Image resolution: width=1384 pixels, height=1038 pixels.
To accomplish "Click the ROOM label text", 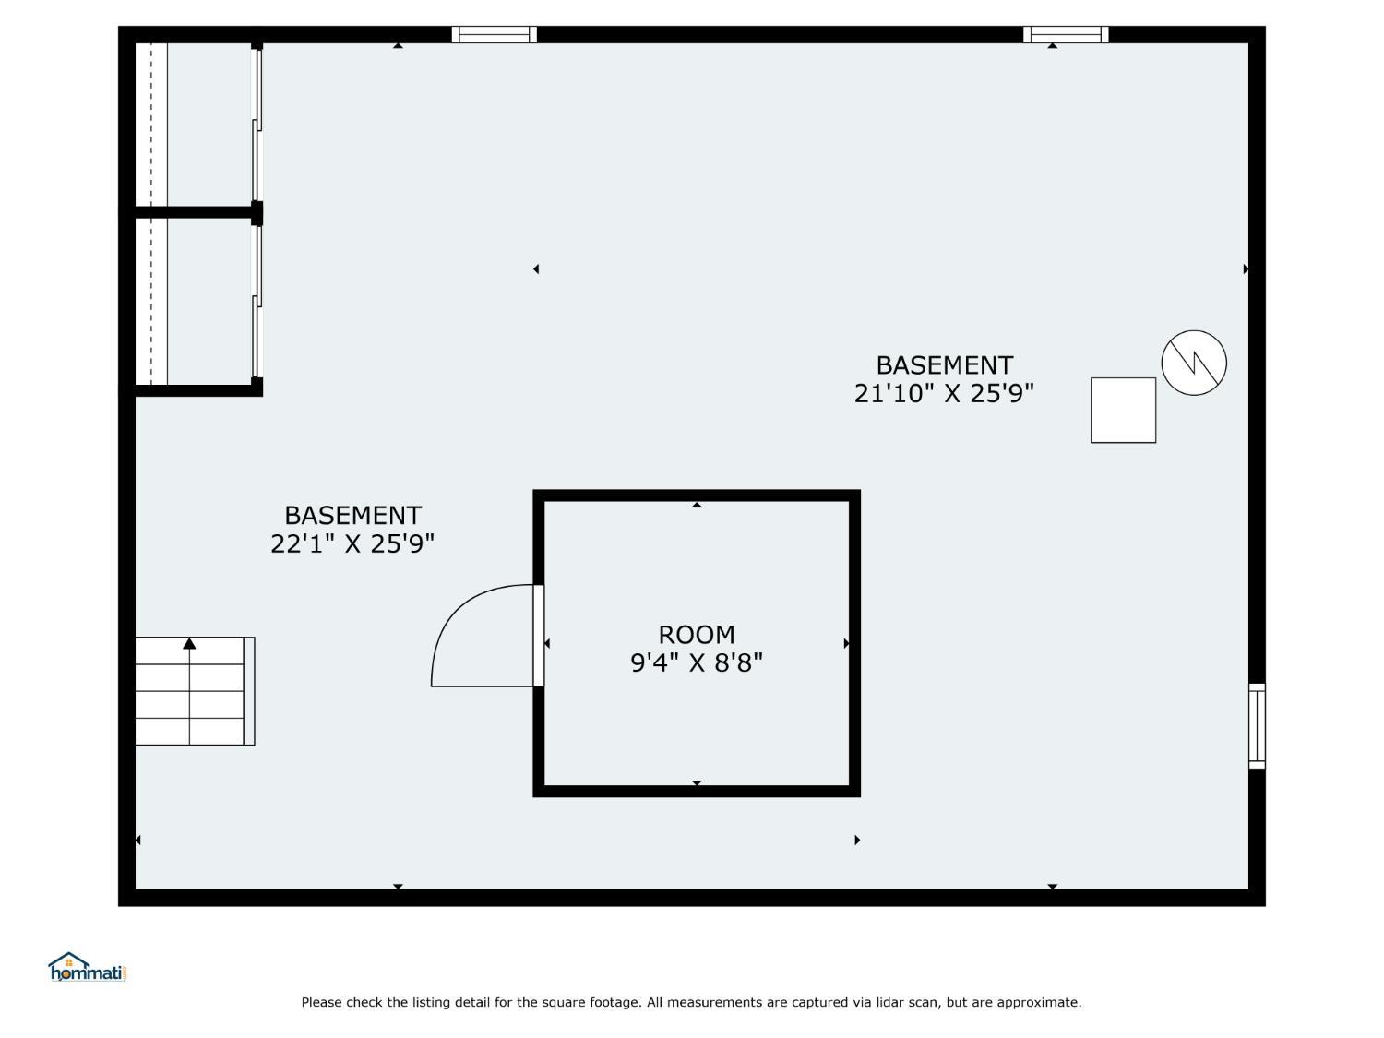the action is (696, 634).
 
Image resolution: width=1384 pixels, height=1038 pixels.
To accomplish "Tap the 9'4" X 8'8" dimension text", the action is (696, 662).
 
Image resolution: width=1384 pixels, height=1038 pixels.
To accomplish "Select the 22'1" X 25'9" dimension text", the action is (352, 543).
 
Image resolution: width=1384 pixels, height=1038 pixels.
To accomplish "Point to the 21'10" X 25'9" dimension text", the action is (944, 393).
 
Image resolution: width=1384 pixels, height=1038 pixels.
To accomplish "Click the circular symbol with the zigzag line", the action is (1194, 363).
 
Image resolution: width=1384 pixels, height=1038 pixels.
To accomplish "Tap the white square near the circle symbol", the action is (1123, 411).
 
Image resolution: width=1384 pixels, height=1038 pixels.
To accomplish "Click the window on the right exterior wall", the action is (1257, 726).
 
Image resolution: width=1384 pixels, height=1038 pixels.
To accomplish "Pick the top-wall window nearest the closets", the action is (494, 34).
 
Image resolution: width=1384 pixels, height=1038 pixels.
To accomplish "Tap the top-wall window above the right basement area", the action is (1066, 34).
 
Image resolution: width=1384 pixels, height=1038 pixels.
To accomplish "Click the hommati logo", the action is (87, 967).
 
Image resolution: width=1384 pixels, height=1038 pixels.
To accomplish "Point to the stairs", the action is (195, 691).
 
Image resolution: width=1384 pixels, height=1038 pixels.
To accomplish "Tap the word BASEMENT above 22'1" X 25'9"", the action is (352, 516).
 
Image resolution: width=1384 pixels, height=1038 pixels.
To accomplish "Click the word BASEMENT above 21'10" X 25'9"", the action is (945, 365).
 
